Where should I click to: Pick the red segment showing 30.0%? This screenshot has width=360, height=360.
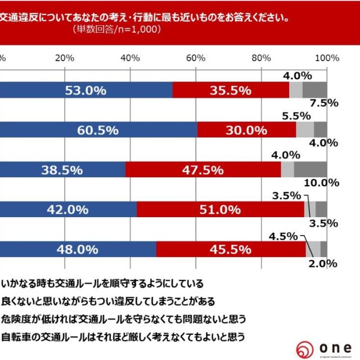(x=246, y=130)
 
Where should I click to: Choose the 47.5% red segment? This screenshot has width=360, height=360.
(x=203, y=169)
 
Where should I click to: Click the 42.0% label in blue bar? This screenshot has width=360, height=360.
(x=67, y=209)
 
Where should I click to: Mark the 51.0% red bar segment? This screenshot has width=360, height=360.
(x=220, y=209)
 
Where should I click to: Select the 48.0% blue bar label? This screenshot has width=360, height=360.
(x=78, y=248)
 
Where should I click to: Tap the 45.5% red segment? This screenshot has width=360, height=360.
(x=231, y=248)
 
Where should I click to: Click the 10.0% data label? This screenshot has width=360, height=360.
(x=320, y=183)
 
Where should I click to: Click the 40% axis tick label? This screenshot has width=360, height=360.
(x=130, y=58)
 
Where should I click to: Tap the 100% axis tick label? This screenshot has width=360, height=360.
(x=326, y=58)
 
